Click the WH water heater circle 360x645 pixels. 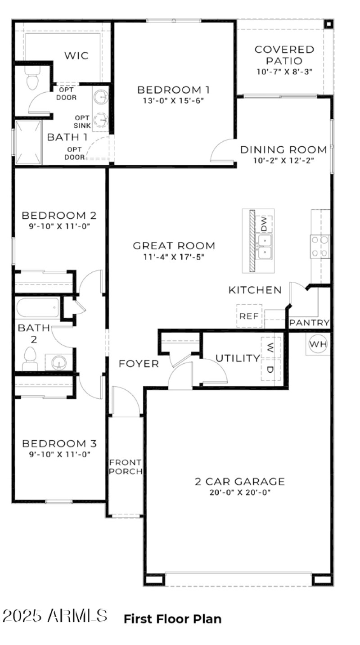point(318,344)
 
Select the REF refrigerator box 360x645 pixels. point(249,316)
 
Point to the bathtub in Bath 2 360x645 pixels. point(37,308)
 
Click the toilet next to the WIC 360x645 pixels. point(32,80)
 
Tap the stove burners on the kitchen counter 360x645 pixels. point(319,247)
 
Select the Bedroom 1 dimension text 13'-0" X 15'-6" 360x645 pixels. point(174,101)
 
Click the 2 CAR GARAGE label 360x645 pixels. point(240,482)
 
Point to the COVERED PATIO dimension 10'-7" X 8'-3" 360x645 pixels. point(284,72)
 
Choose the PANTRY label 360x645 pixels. point(310,323)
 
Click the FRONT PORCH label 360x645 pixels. point(126,467)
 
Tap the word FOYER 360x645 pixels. point(139,364)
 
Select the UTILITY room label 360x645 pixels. point(237,358)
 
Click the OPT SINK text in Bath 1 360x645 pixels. point(83,121)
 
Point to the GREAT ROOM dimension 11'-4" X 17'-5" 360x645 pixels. point(174,257)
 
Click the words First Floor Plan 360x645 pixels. point(172,619)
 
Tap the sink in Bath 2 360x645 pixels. point(58,362)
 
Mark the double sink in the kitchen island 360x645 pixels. point(264,247)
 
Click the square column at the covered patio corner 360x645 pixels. point(329,23)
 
